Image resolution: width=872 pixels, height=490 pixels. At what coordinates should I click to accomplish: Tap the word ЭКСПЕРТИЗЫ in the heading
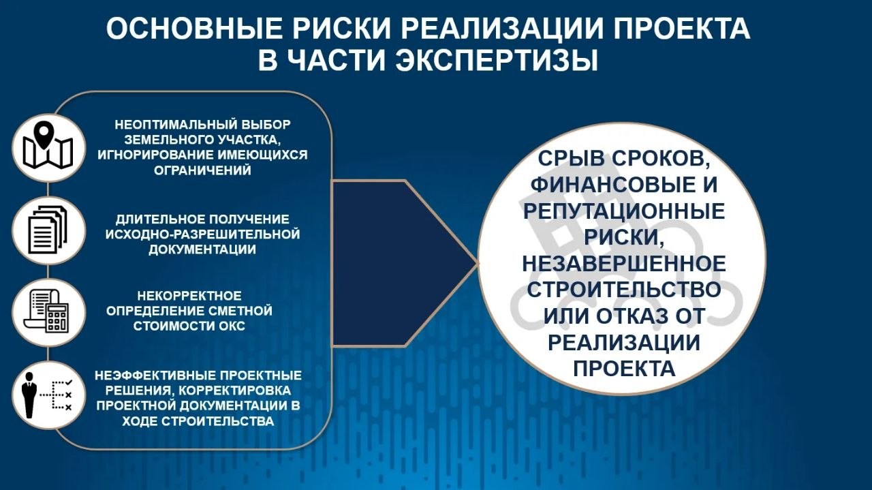[x=497, y=61]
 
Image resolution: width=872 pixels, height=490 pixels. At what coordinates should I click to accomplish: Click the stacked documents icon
[x=48, y=230]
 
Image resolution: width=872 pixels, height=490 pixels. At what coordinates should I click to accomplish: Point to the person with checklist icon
[x=48, y=395]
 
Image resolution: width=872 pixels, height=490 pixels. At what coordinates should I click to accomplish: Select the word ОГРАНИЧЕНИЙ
[x=202, y=170]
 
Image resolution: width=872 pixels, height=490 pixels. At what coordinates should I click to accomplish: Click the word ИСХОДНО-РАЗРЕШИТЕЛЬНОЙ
[x=203, y=234]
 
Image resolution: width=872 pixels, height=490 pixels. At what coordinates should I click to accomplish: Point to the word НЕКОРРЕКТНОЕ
[x=189, y=296]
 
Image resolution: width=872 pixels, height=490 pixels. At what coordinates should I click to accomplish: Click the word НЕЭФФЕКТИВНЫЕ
[x=155, y=376]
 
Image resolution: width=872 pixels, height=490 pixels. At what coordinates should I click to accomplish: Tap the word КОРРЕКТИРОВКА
[x=235, y=391]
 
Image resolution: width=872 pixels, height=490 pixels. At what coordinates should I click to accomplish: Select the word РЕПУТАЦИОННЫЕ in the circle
[x=624, y=211]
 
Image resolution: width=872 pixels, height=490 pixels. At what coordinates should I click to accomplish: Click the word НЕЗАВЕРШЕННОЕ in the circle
[x=624, y=263]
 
